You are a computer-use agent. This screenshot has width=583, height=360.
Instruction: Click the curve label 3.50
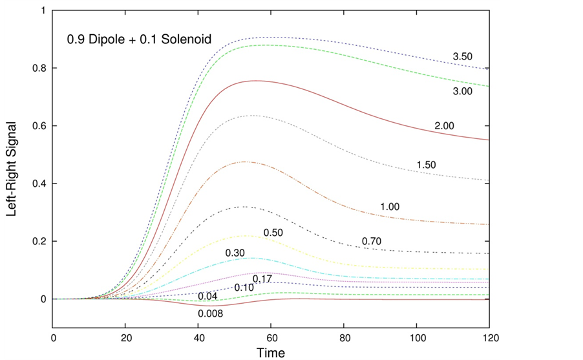(x=463, y=57)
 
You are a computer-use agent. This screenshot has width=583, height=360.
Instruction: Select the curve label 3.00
(x=463, y=91)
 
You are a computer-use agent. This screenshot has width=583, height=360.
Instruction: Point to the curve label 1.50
(x=427, y=165)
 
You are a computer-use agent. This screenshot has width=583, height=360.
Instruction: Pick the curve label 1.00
(x=390, y=207)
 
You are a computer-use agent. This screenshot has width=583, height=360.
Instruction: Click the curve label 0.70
(x=372, y=242)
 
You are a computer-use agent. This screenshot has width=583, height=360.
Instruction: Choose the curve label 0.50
(x=273, y=232)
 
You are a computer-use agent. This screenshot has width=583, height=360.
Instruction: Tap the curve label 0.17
(x=262, y=279)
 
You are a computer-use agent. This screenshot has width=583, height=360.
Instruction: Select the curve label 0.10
(x=244, y=287)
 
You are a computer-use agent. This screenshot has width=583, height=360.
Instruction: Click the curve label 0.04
(x=208, y=297)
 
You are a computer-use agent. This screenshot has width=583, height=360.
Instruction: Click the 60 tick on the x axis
(x=271, y=337)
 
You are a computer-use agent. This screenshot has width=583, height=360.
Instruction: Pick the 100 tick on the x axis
(x=417, y=337)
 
